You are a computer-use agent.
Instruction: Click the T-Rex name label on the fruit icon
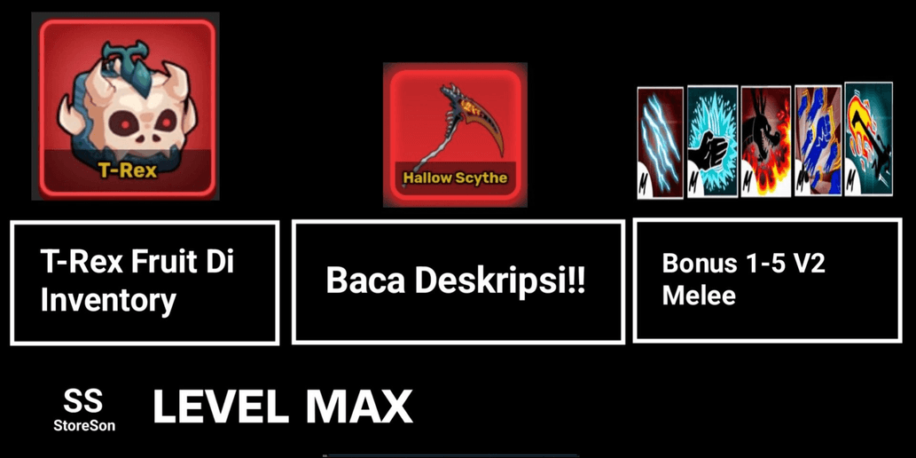(x=128, y=170)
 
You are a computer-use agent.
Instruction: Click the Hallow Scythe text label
(x=455, y=178)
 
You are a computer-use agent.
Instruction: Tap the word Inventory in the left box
(x=108, y=302)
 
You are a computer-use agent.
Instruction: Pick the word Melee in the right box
(x=699, y=296)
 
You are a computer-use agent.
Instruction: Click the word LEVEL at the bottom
(x=220, y=407)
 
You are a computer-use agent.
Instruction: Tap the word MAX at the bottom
(x=359, y=407)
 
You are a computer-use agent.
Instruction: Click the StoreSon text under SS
(x=84, y=426)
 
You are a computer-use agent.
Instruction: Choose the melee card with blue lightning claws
(x=660, y=143)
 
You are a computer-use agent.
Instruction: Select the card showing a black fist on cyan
(x=712, y=142)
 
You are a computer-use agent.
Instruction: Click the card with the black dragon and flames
(x=766, y=141)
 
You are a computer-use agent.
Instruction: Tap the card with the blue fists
(x=818, y=140)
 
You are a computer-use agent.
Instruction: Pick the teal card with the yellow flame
(x=869, y=138)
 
